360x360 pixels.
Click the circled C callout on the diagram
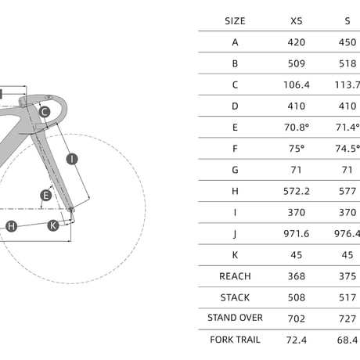click(x=45, y=112)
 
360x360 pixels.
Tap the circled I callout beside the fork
click(x=72, y=159)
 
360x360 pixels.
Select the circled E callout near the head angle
click(x=46, y=196)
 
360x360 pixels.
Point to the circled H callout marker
click(x=11, y=226)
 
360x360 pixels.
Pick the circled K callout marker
click(x=53, y=225)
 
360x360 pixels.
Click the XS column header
click(x=297, y=21)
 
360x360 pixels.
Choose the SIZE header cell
click(x=235, y=21)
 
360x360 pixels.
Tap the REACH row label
click(x=235, y=276)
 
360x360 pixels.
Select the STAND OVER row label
click(x=235, y=318)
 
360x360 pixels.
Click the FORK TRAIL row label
click(x=235, y=340)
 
